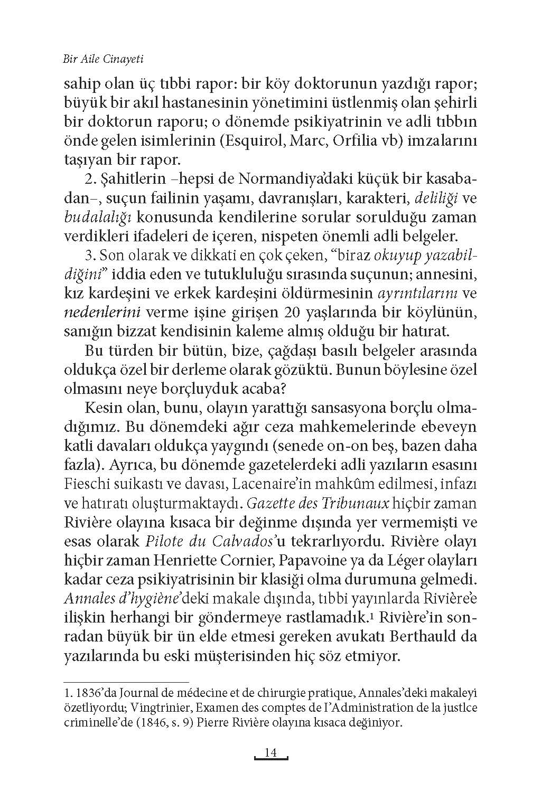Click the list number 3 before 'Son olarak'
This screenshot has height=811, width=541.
(88, 256)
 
